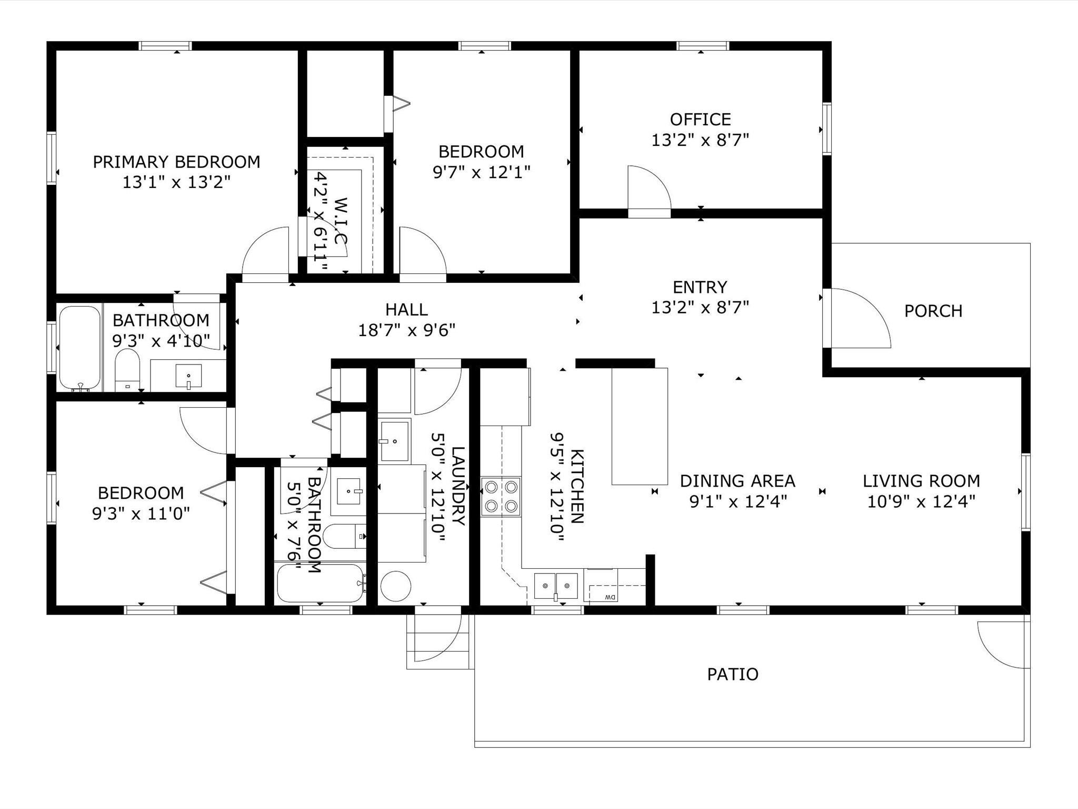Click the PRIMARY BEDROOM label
[x=176, y=162]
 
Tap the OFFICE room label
[x=700, y=120]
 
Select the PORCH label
[x=933, y=311]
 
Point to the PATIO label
[x=732, y=674]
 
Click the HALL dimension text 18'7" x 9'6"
[x=406, y=330]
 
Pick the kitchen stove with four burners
[x=501, y=496]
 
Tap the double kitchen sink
[x=556, y=585]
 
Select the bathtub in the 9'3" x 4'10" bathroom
[x=79, y=348]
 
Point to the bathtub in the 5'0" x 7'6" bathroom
[x=321, y=583]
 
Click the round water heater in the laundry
[x=395, y=586]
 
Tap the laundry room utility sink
[x=394, y=441]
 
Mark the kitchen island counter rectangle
[x=640, y=426]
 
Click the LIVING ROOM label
[x=921, y=481]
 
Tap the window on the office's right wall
[x=827, y=129]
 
